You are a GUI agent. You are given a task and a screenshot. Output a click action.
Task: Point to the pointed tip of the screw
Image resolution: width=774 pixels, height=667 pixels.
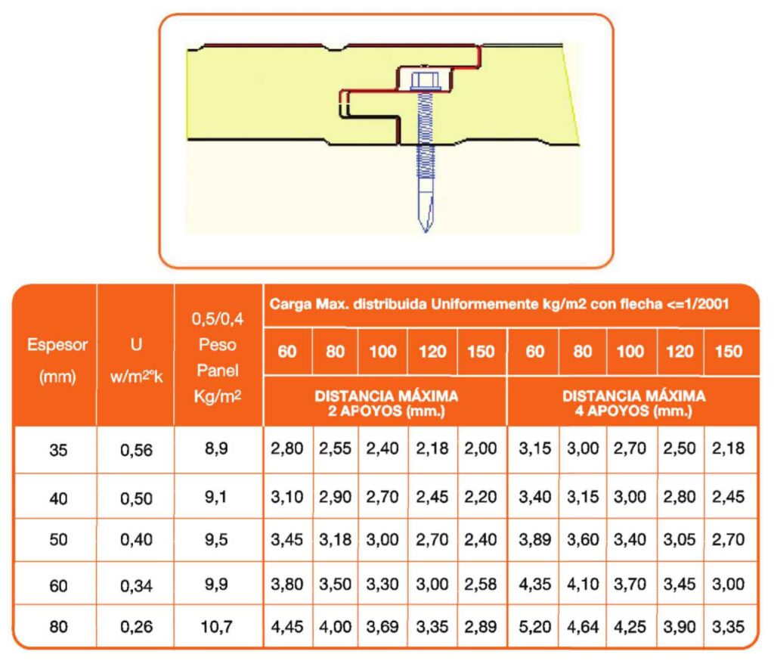point(426,231)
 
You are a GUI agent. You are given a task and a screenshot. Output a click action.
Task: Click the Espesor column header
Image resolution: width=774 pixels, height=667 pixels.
point(57,361)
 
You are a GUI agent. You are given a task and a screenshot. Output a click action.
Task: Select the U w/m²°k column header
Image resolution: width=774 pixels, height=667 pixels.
point(136,361)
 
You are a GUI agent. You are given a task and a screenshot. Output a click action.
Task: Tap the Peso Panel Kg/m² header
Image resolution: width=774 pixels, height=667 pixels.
point(218,358)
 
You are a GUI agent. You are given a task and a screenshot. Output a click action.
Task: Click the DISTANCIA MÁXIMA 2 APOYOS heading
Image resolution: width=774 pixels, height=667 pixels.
point(386,403)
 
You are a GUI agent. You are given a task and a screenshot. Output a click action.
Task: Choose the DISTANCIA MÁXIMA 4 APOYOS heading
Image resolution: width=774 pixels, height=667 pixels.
point(634,403)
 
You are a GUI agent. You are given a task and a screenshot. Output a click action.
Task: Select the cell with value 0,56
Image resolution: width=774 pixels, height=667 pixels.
point(136,450)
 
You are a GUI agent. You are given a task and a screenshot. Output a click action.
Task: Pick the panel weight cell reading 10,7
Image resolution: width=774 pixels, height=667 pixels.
point(216,627)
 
